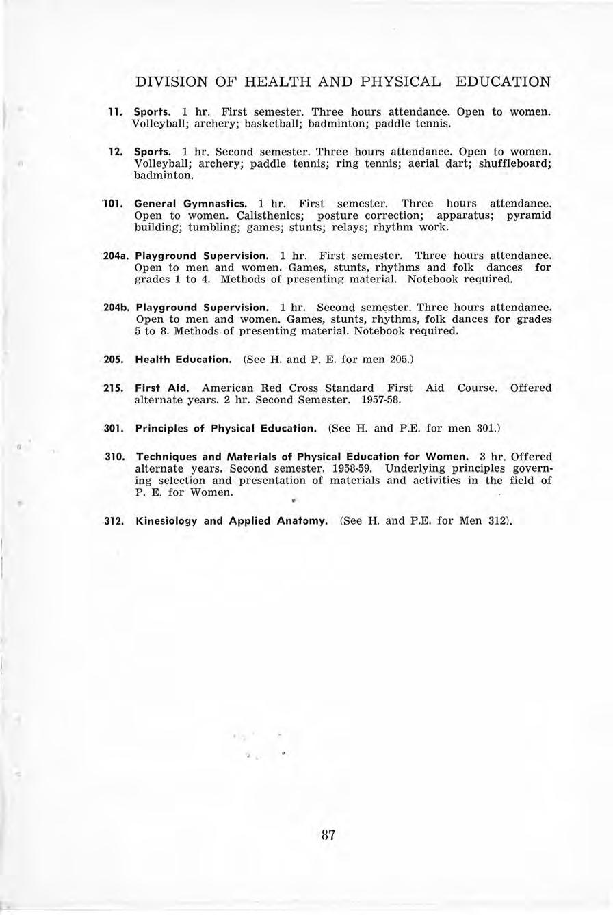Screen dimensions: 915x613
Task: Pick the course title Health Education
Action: click(184, 359)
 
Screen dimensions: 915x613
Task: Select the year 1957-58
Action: click(380, 399)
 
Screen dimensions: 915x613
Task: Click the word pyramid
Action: click(529, 215)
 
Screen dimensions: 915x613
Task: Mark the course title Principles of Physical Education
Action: click(226, 428)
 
